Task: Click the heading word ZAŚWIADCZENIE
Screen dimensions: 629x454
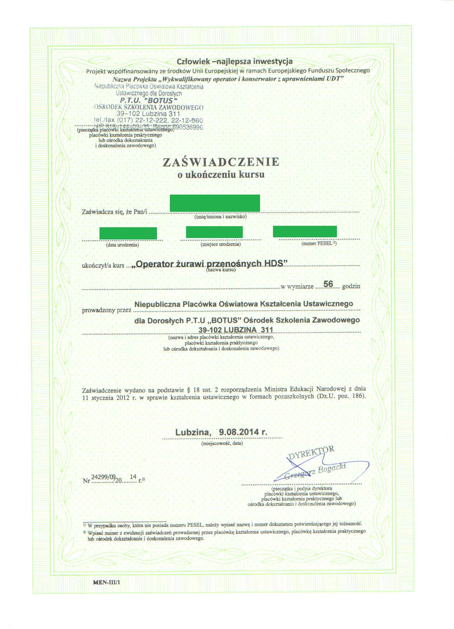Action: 221,162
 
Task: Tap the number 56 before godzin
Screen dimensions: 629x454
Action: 328,284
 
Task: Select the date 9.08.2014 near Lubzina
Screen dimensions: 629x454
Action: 243,432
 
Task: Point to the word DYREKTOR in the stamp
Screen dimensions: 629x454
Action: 311,453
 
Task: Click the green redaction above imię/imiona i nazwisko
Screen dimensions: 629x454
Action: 215,203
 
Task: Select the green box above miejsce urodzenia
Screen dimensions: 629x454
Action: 214,232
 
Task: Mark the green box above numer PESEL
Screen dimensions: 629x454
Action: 305,232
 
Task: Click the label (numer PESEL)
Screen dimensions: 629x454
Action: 319,243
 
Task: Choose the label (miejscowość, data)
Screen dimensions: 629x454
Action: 222,443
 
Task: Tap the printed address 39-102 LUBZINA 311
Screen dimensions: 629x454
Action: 236,330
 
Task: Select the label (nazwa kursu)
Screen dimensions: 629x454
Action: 221,270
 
